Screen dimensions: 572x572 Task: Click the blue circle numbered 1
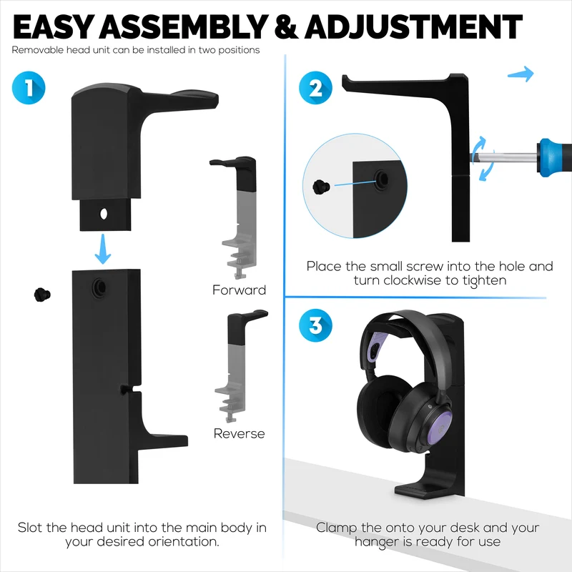point(29,87)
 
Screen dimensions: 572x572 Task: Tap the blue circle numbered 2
point(315,88)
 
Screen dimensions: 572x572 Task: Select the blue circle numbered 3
point(315,325)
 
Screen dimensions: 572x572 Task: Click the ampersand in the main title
point(287,27)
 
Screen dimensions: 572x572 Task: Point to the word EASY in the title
point(53,27)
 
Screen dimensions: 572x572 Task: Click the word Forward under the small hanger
point(240,290)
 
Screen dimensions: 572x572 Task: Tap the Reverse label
point(240,433)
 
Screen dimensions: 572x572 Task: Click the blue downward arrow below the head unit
point(103,250)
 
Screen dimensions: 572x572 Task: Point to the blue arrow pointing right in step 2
point(521,74)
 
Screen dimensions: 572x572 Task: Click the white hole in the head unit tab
point(104,214)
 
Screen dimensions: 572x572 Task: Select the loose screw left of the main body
point(42,295)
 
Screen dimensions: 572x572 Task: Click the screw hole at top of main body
point(99,287)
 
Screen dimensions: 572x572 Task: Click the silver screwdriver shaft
point(504,158)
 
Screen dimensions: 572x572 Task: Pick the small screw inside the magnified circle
point(321,187)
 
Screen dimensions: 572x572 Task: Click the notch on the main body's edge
point(129,388)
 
